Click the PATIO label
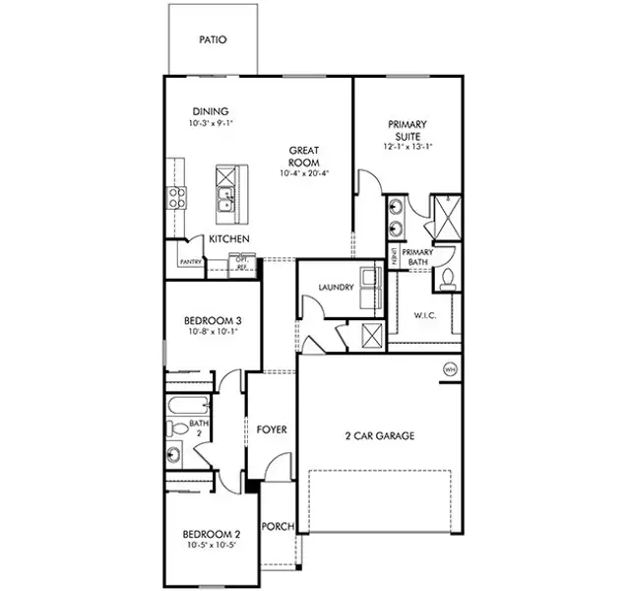(213, 40)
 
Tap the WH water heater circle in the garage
(451, 369)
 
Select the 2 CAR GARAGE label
(379, 435)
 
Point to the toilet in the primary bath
(448, 279)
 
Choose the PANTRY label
(190, 262)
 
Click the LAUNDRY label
(335, 288)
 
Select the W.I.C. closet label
(425, 316)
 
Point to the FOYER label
(272, 429)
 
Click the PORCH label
(278, 527)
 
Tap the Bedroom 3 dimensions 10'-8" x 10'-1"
(213, 332)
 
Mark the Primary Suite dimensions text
(407, 147)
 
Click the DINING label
(211, 111)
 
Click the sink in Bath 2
(175, 454)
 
